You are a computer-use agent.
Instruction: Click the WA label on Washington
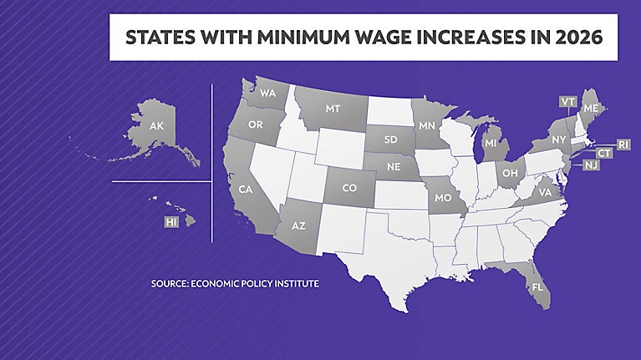(267, 93)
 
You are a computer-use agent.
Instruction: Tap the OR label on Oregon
(257, 124)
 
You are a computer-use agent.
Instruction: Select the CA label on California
(245, 190)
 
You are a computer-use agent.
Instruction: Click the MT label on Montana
(333, 109)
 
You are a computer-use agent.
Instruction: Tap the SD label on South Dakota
(390, 139)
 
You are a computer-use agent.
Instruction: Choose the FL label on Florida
(536, 286)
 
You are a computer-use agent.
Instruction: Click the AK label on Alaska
(155, 126)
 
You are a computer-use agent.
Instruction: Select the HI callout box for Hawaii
(171, 222)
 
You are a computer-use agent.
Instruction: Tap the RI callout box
(623, 145)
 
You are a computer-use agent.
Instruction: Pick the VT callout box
(567, 101)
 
